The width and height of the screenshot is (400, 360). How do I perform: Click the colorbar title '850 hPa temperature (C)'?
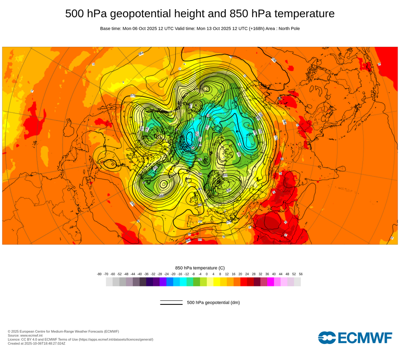pos(200,268)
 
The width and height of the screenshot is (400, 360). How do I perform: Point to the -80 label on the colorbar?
pos(99,274)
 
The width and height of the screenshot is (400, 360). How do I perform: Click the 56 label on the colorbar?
pos(300,274)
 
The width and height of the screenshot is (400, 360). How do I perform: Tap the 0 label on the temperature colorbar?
pos(207,274)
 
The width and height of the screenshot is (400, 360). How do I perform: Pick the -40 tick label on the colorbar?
pos(140,274)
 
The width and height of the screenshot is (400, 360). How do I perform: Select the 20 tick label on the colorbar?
pos(240,274)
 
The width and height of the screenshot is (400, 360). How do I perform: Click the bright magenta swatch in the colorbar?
pos(270,282)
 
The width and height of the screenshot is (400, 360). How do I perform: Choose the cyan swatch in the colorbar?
pos(183,282)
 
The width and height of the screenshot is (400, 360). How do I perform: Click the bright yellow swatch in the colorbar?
pos(217,282)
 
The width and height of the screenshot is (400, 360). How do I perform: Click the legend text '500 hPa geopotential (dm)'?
pos(213,302)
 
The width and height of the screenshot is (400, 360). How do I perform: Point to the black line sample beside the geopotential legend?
pos(171,302)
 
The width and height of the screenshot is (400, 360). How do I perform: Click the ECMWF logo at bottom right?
pos(355,338)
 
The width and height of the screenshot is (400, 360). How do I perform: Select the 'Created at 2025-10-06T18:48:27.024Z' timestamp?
pos(36,343)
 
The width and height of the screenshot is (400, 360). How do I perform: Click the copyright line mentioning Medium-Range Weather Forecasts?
pos(63,331)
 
